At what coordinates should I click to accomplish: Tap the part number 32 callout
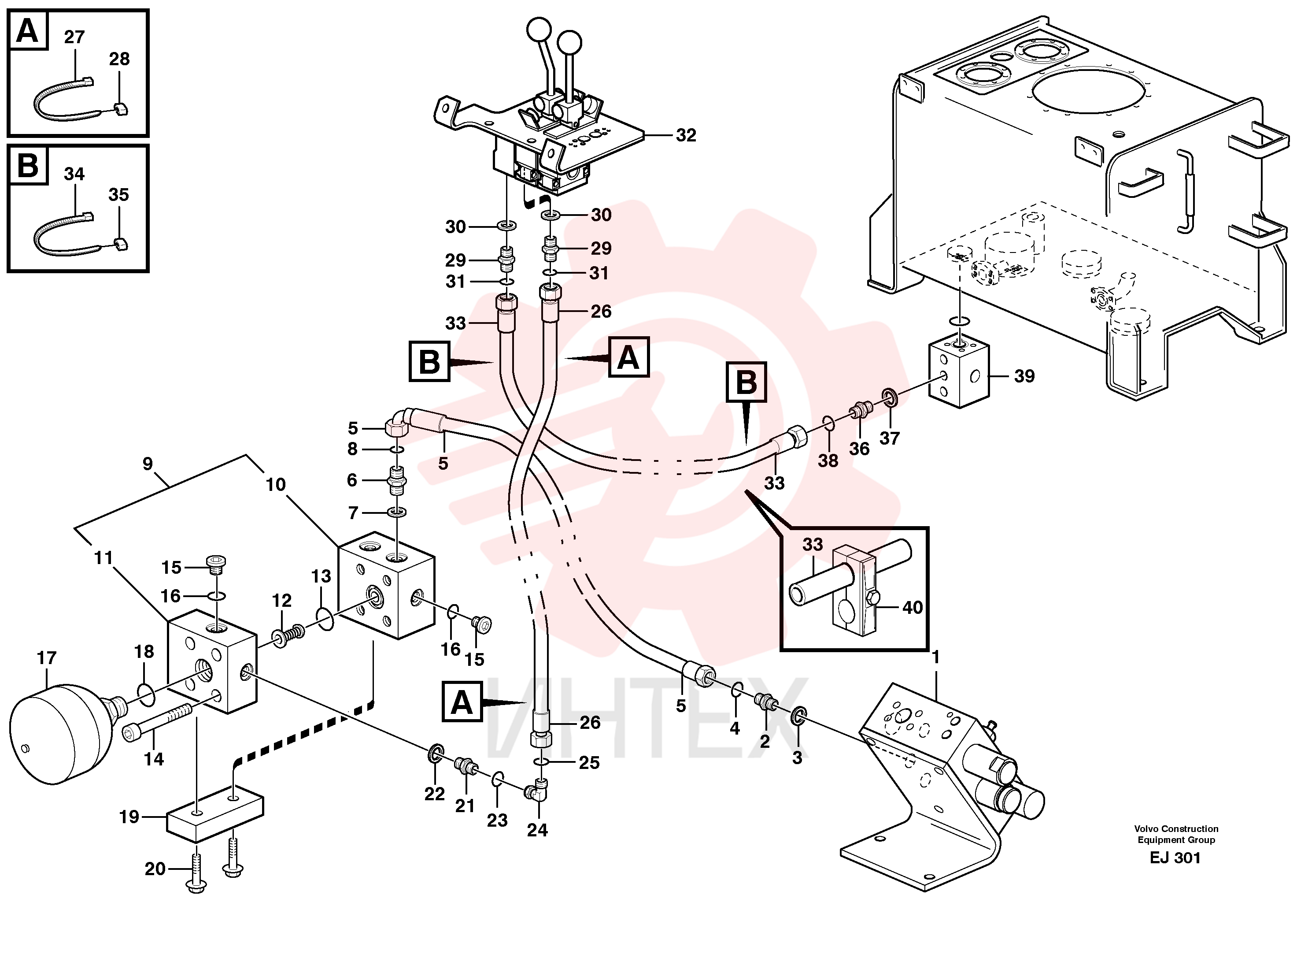686,135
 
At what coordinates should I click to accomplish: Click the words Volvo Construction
1176,829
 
